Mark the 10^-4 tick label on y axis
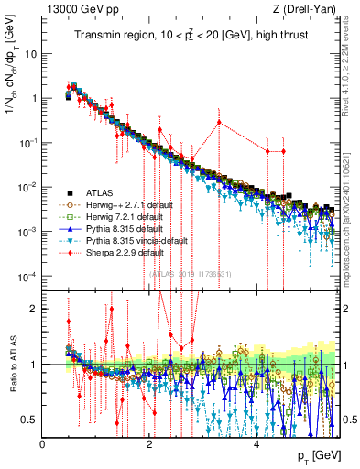coord(27,277)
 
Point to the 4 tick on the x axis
coord(256,442)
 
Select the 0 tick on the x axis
coord(43,442)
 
